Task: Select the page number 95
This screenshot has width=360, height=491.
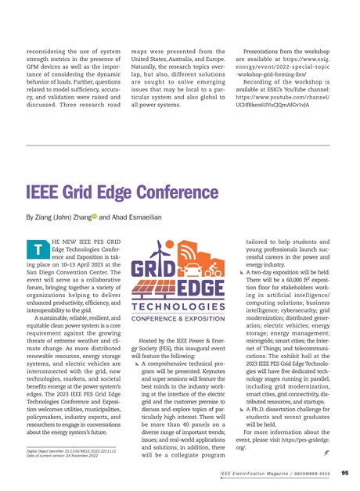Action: (x=345, y=472)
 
